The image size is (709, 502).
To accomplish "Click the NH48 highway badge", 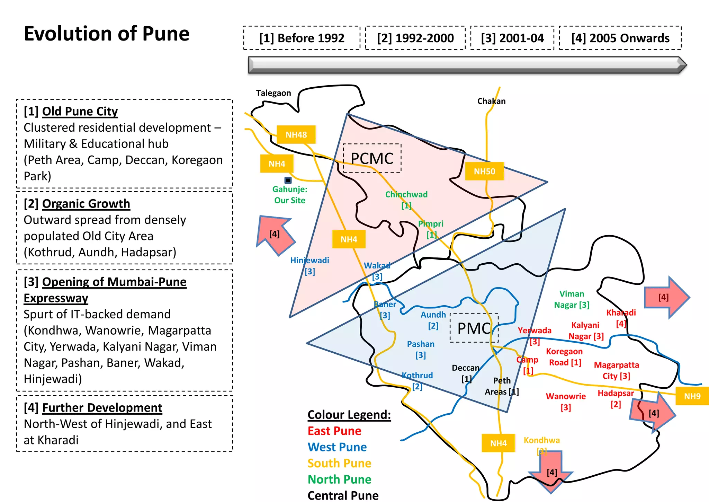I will [296, 135].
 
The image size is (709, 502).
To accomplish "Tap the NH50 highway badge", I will [484, 171].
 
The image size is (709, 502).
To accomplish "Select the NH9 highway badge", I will [692, 396].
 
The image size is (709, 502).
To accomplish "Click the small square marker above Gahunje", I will [288, 180].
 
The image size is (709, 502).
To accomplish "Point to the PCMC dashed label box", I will [372, 158].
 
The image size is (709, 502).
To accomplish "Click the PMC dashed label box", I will [474, 328].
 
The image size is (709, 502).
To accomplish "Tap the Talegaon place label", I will [273, 93].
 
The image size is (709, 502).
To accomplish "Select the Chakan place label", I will [491, 101].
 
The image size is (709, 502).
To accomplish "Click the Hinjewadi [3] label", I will [309, 266].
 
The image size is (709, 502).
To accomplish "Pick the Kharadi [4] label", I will [621, 318].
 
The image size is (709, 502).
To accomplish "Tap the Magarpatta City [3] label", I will [616, 370].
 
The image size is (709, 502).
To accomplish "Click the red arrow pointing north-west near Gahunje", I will [276, 234].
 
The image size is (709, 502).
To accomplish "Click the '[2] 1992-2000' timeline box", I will [415, 38].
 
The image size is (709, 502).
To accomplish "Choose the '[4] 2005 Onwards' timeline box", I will [620, 38].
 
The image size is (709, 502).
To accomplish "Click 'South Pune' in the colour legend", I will [339, 463].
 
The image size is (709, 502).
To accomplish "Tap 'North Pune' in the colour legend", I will [339, 479].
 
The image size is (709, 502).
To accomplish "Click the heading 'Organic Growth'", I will [86, 204].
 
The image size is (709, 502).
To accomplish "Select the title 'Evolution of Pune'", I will [107, 34].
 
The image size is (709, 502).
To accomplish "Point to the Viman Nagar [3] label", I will [572, 299].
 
